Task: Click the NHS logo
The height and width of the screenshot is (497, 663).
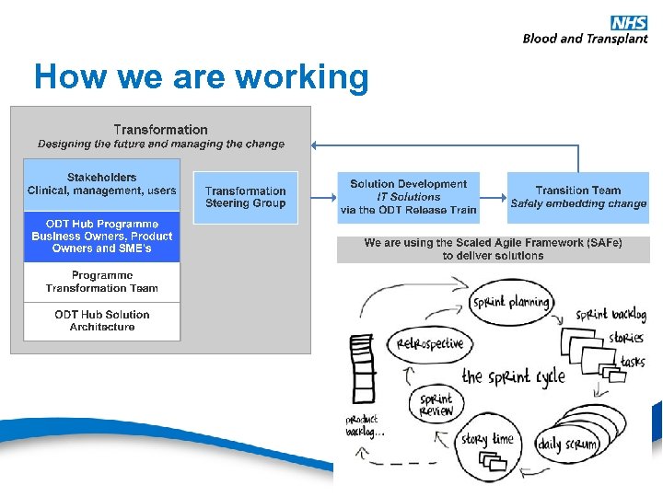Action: coord(628,22)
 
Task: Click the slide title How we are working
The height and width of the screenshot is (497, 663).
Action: coord(201,76)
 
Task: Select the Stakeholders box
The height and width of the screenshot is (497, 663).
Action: coord(101,184)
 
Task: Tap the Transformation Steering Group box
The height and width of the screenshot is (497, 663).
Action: coord(245,197)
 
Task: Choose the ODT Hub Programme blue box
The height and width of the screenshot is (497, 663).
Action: coord(101,237)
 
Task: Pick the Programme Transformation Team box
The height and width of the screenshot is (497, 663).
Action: coord(101,282)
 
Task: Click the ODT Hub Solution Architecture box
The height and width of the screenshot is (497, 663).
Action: coord(101,320)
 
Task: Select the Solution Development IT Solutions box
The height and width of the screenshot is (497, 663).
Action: coord(408,197)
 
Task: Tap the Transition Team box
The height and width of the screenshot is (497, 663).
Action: coord(578,197)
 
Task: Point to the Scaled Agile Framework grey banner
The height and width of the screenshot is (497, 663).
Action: coord(493,249)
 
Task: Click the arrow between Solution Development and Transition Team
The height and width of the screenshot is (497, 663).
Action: coord(493,197)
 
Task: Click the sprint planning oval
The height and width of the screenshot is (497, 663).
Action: coord(511,302)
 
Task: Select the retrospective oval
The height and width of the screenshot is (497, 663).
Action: coord(430,344)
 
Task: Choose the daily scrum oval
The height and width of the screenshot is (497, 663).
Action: coord(567,445)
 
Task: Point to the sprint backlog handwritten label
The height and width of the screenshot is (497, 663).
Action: coord(611,315)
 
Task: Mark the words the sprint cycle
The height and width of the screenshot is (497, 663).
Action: coord(513,376)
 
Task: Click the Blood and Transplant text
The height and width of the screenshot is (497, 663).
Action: coord(585,39)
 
